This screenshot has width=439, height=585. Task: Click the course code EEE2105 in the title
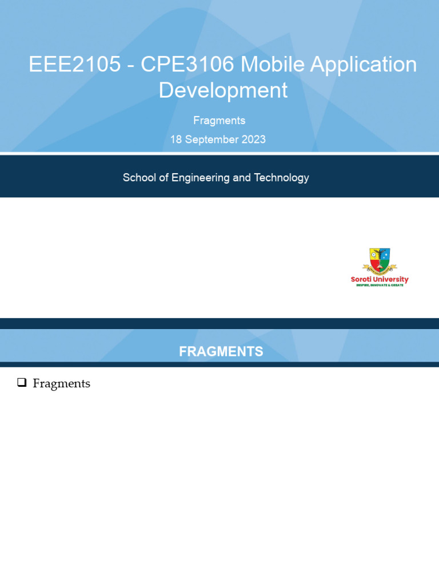(75, 65)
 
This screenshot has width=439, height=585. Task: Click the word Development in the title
(223, 90)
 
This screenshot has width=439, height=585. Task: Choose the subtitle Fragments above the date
(219, 121)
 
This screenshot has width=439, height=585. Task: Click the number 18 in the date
(176, 139)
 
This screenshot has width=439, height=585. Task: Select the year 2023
(253, 139)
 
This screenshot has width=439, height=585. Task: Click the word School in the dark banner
(138, 178)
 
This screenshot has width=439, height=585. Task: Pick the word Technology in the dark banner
(281, 178)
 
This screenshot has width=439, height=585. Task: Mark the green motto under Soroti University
(380, 285)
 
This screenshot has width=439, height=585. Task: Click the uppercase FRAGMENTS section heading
(221, 352)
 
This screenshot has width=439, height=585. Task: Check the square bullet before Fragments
(22, 383)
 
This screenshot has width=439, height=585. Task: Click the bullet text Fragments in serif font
(62, 383)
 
